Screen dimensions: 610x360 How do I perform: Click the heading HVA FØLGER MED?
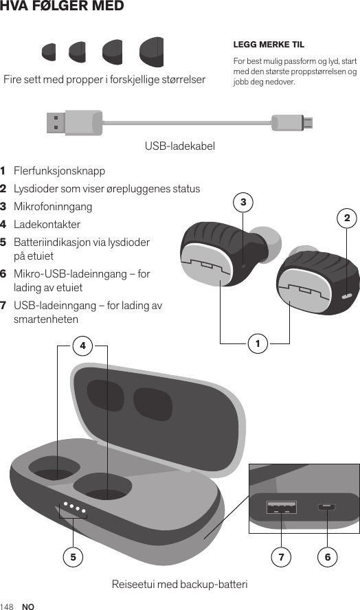click(x=63, y=7)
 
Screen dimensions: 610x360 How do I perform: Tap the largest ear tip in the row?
click(x=151, y=53)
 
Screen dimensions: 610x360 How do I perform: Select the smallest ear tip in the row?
click(x=49, y=52)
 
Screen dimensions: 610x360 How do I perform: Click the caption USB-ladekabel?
click(x=180, y=146)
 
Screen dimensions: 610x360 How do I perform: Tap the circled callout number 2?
click(x=347, y=218)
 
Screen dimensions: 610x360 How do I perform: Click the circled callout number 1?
click(x=258, y=342)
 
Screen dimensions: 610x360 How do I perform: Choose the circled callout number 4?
click(x=82, y=346)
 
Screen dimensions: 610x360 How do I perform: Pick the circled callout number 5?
click(x=72, y=556)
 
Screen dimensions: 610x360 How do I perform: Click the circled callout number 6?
click(x=328, y=556)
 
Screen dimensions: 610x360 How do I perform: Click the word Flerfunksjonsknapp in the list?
click(x=60, y=170)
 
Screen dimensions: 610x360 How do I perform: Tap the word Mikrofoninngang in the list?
click(x=53, y=206)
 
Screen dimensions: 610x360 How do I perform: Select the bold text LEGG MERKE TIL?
click(x=269, y=45)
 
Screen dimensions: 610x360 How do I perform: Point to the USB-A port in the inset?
click(x=282, y=508)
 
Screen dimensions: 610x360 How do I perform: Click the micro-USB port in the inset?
click(x=326, y=508)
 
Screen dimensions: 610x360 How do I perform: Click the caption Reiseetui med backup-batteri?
click(x=179, y=585)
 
